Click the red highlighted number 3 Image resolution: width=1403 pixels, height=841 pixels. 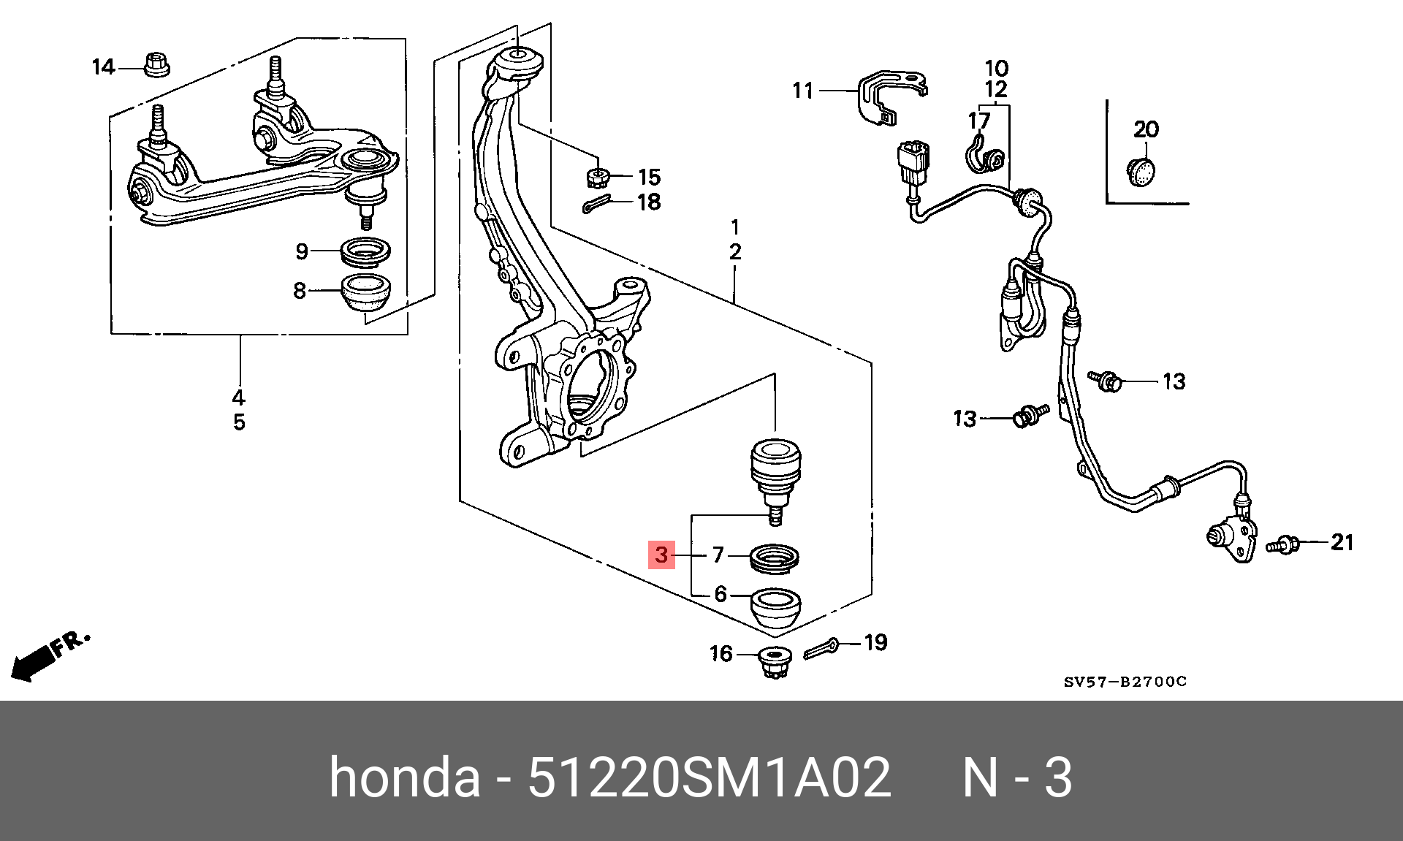coord(661,555)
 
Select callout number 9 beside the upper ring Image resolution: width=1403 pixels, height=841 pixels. coord(302,252)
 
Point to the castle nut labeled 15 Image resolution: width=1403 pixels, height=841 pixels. coord(598,176)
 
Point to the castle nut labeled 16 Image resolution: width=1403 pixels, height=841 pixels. coord(774,661)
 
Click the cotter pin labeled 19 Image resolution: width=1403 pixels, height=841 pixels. coord(823,648)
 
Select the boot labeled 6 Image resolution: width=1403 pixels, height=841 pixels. coord(776,608)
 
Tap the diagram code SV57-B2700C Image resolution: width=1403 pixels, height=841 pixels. coord(1125,682)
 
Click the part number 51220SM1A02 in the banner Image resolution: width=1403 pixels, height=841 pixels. coord(709,777)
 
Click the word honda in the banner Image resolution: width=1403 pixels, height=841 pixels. coord(404,777)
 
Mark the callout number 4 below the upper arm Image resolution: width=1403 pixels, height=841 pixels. coord(239,398)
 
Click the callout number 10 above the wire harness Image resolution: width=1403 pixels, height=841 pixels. coord(996,69)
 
